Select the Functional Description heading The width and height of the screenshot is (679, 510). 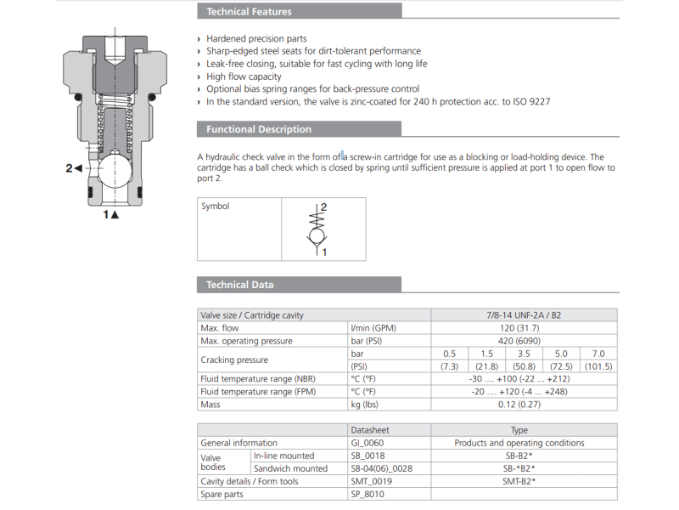258,129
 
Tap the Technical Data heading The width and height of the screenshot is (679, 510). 239,285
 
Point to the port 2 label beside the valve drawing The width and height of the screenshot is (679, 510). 74,168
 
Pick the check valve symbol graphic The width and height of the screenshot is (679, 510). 317,229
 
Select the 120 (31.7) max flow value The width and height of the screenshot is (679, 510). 524,328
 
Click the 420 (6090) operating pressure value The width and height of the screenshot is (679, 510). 524,341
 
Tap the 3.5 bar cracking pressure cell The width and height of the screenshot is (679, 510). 524,354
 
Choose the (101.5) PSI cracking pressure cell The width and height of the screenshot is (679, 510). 598,366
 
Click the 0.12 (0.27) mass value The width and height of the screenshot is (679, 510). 524,405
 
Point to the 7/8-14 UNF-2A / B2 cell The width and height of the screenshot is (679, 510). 524,315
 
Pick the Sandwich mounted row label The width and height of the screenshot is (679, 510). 290,468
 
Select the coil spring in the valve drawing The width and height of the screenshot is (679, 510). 114,119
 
